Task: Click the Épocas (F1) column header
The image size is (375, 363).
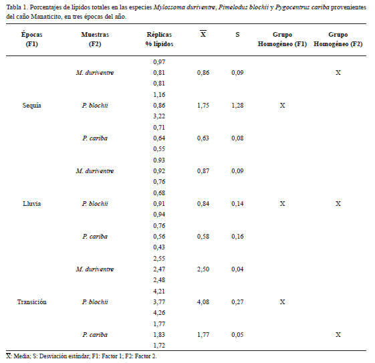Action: tap(32, 39)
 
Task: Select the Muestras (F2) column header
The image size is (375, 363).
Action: tap(95, 39)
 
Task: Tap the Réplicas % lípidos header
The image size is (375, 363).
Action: tap(159, 39)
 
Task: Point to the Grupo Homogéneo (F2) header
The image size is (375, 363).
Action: tap(338, 39)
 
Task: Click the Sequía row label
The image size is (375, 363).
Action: tap(32, 106)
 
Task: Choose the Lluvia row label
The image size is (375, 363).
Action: tap(32, 204)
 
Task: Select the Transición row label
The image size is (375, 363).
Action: tap(32, 301)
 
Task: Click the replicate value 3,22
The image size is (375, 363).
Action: tap(159, 116)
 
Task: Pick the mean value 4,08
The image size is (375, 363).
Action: tap(203, 302)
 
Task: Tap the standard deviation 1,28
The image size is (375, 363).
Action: tap(237, 106)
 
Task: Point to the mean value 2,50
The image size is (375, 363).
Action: tap(203, 269)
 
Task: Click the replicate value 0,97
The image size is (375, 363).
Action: tap(159, 62)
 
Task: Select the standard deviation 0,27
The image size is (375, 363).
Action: tap(237, 302)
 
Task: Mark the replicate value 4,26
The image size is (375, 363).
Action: tap(159, 313)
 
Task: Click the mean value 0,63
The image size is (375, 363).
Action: tap(203, 138)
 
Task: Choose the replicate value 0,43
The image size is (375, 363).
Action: tap(159, 247)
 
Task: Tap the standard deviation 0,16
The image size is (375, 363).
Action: tap(237, 237)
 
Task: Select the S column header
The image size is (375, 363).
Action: tap(237, 35)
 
